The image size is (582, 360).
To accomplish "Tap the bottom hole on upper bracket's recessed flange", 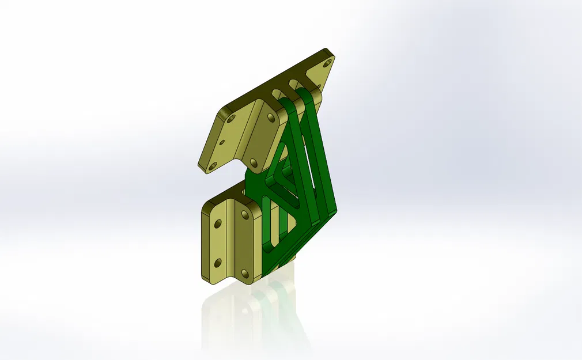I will point(213,166).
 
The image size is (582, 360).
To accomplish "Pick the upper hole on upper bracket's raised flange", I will point(271,118).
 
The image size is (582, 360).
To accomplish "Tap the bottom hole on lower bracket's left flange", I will point(218,263).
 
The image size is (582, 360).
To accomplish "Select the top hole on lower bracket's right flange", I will point(245,215).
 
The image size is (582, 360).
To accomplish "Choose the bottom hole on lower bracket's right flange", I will point(245,274).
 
